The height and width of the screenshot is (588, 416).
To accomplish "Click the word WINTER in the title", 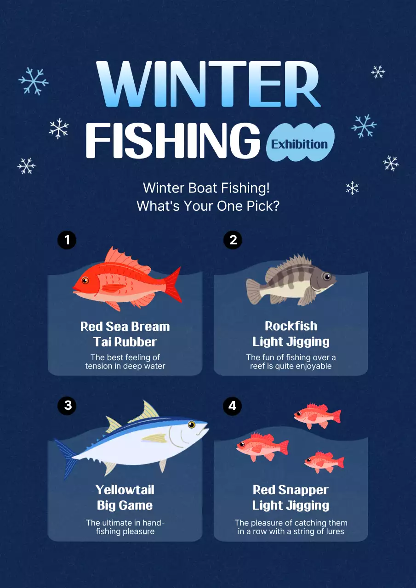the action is tap(208, 84).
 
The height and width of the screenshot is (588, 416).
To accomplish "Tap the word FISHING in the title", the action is tap(172, 141).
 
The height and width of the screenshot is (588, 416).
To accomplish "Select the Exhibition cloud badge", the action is tap(300, 142).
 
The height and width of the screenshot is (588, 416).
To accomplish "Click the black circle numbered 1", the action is tap(67, 240).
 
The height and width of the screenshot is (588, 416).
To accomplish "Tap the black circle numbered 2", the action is tap(233, 240).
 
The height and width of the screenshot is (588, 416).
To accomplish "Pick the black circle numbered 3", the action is tap(67, 406).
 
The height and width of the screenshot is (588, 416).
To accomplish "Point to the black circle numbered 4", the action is tap(233, 406).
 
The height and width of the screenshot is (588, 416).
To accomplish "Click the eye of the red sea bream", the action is tap(85, 280).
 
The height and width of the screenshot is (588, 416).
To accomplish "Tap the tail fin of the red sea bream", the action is tap(173, 285).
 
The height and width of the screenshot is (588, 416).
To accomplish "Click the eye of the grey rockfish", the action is tap(327, 277).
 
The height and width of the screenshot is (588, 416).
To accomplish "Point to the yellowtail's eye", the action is tap(192, 424).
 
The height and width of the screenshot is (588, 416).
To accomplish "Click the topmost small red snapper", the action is tap(317, 416).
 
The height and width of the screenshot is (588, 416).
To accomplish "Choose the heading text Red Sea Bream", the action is tap(125, 327).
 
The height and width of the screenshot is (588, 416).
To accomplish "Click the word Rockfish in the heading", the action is tap(291, 326).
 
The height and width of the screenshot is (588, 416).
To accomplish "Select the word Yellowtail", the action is tap(125, 490).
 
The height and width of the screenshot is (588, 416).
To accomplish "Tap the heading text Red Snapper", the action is tap(291, 490).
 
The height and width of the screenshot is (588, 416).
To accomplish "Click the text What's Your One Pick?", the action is tap(208, 206).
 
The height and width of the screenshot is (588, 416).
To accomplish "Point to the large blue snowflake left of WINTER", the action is tap(34, 81).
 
